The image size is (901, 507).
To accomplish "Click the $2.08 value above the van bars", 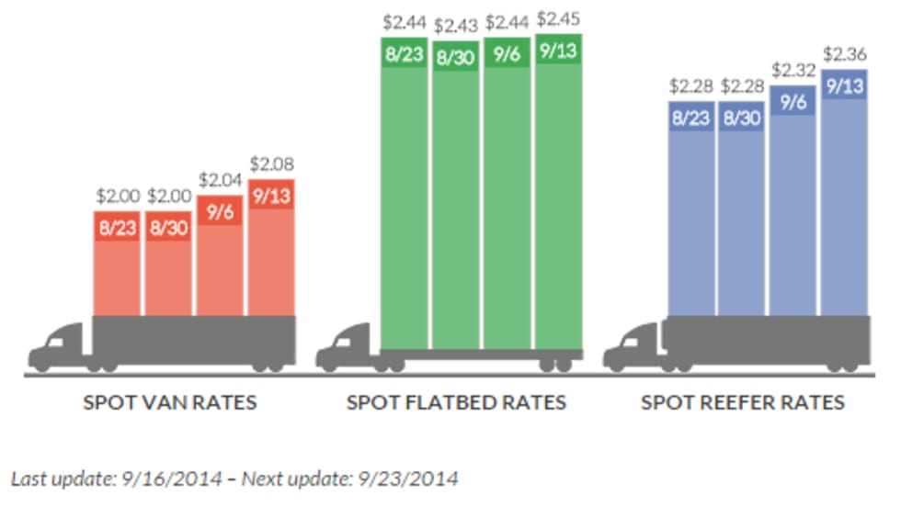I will click(271, 165).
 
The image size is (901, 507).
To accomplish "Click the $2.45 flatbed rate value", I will click(558, 18).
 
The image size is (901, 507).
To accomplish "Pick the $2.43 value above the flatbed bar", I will click(456, 25).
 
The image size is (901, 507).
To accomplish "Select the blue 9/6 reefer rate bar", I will click(793, 211).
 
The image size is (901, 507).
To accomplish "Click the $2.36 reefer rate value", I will click(845, 52).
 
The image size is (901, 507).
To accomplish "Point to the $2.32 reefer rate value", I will click(793, 69).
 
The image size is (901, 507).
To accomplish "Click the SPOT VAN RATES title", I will click(170, 402).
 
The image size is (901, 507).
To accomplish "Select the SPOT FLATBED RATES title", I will click(456, 402).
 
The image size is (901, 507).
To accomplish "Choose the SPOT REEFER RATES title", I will click(743, 402).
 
